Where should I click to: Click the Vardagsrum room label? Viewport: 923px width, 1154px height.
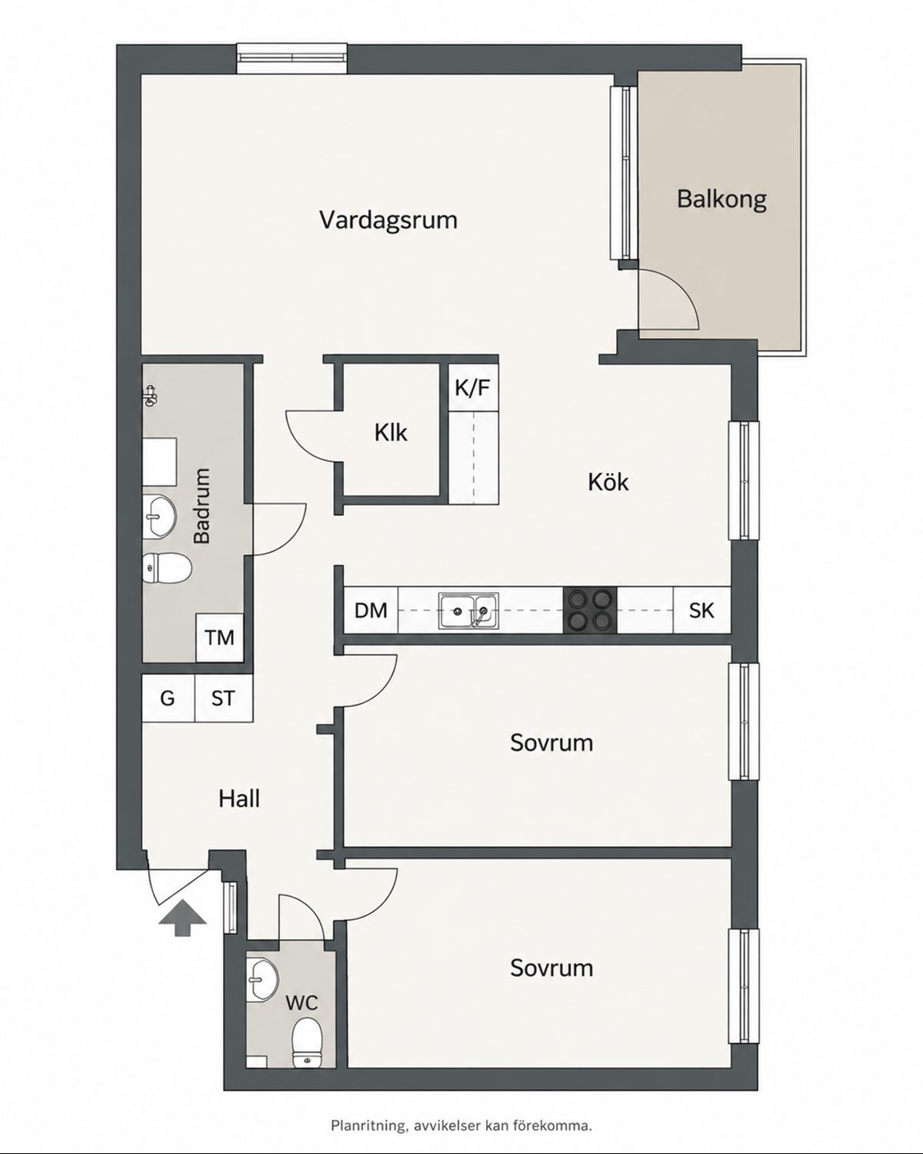[x=388, y=220]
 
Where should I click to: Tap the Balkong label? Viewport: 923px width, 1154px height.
[x=721, y=199]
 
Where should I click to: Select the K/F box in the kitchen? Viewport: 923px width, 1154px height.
[x=474, y=387]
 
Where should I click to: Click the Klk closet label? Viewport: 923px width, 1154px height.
[x=391, y=432]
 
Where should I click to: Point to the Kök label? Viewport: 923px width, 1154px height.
[x=608, y=482]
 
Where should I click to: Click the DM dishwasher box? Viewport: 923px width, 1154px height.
[x=372, y=610]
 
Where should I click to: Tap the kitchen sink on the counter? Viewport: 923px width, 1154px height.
[x=468, y=610]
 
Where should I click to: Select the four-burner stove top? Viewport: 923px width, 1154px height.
[x=590, y=610]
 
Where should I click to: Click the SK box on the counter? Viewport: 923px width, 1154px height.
[x=702, y=610]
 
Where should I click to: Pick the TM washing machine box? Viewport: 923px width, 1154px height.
[x=220, y=638]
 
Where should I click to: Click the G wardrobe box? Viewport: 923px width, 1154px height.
[x=168, y=699]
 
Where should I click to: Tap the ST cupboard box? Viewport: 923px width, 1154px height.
[x=224, y=699]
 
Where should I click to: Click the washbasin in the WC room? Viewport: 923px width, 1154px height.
[x=263, y=979]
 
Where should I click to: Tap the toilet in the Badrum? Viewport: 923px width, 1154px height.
[x=167, y=569]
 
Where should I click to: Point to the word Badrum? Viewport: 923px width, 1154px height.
[x=202, y=505]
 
